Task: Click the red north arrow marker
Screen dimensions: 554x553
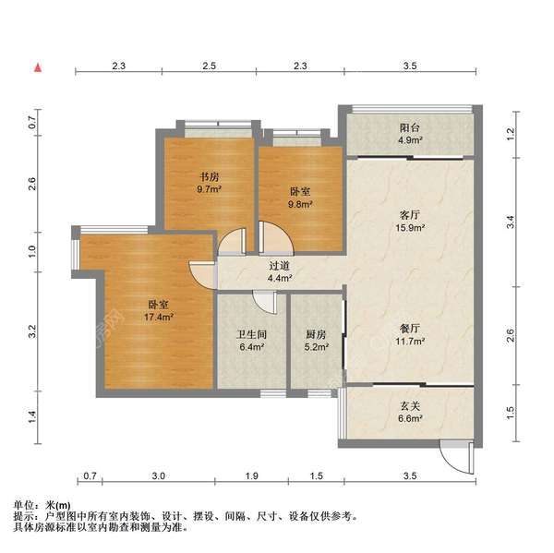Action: pos(38,67)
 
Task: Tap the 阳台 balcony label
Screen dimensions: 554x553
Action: pos(410,127)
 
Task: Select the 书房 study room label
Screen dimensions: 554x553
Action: pos(210,176)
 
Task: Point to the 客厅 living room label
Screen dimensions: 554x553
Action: pos(410,214)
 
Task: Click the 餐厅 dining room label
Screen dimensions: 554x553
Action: pos(410,329)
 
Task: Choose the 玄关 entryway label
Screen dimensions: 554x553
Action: pos(410,406)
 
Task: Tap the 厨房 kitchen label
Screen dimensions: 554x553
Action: pos(316,334)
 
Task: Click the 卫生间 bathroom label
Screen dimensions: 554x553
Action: pos(251,334)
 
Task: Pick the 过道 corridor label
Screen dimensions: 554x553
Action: pos(280,265)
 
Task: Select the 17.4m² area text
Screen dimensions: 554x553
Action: pos(158,317)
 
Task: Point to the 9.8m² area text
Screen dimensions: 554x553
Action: pos(300,204)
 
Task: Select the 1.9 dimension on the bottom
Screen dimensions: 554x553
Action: pos(251,476)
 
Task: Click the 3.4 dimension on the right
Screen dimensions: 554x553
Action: pos(511,222)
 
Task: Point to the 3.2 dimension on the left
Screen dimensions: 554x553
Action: pos(32,331)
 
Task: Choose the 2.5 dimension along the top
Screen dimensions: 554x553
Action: pos(210,66)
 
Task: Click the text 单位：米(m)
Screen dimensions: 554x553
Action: pos(42,506)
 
